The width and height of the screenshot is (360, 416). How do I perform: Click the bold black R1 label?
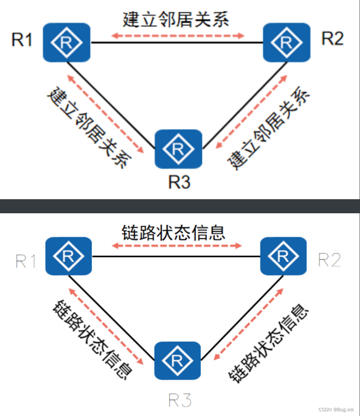pos(22,40)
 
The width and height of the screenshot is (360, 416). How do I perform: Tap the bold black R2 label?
pos(332,39)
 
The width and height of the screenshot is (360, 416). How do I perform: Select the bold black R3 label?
pos(179,182)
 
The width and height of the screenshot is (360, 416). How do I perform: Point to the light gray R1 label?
pos(26,261)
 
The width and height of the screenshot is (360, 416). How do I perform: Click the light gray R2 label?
pos(330,259)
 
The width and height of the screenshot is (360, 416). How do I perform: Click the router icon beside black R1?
pos(66,42)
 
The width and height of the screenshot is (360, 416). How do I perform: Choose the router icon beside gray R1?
pos(69,256)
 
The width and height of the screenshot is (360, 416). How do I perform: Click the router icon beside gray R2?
pos(283,255)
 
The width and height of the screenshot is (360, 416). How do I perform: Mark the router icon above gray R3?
pos(177,361)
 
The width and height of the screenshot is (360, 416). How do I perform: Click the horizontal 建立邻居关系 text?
pos(176,20)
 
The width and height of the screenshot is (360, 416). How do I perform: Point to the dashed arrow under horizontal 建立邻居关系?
pos(178,36)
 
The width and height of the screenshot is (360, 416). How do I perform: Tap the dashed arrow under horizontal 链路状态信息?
pos(176,246)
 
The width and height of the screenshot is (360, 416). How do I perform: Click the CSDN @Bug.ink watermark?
pos(336,409)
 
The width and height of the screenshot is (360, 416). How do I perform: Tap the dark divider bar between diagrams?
pos(180,206)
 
